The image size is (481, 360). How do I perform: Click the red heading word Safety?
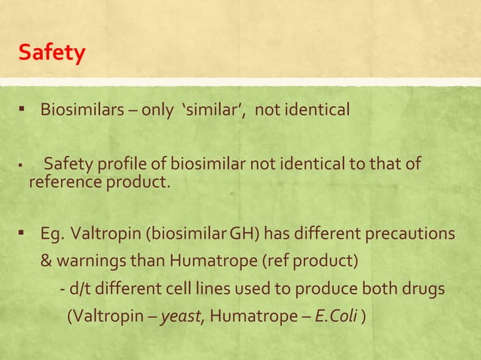(x=52, y=53)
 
